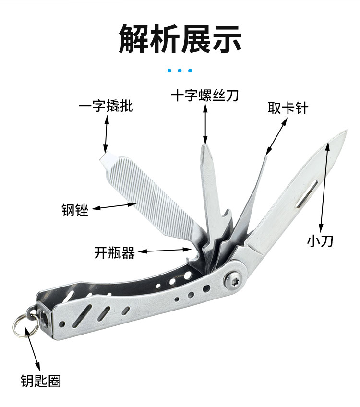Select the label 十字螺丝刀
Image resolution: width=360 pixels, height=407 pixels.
pyautogui.click(x=205, y=96)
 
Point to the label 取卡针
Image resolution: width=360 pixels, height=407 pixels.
pyautogui.click(x=288, y=108)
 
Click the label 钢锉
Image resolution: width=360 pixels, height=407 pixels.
pyautogui.click(x=75, y=210)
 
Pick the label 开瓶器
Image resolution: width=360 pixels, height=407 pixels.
pyautogui.click(x=115, y=252)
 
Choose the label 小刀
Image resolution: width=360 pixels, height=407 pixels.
pyautogui.click(x=320, y=240)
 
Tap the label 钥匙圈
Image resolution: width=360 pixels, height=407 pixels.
pyautogui.click(x=41, y=381)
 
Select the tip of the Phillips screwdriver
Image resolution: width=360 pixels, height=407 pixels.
pyautogui.click(x=205, y=144)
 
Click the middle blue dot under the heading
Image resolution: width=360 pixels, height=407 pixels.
pyautogui.click(x=180, y=71)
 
